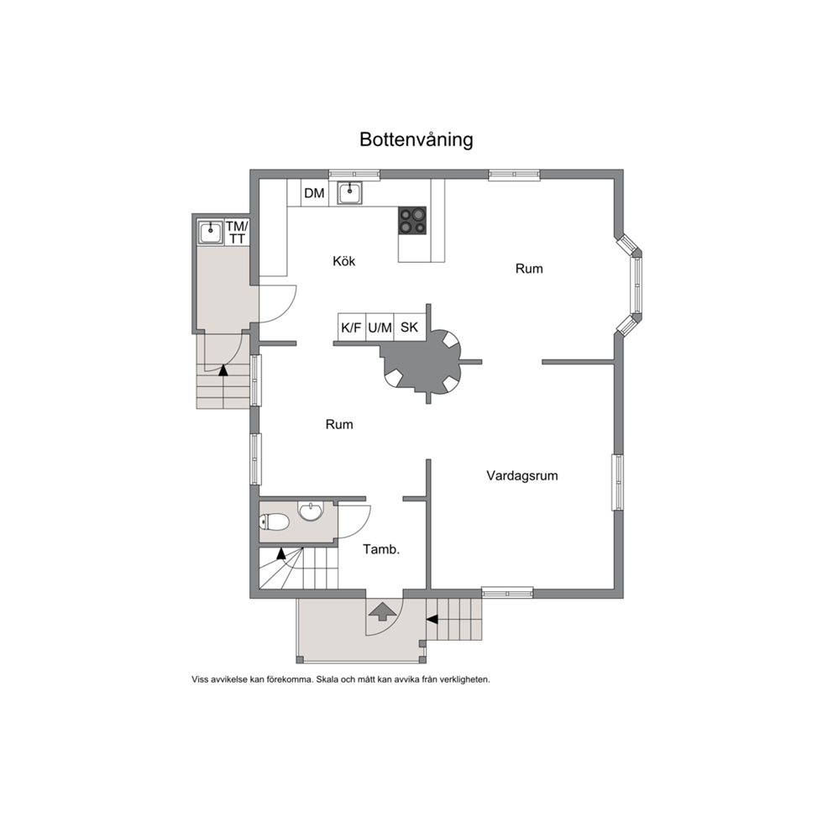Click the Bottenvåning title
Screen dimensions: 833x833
[416, 139]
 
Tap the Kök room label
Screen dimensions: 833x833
[343, 261]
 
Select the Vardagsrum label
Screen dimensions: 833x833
[522, 475]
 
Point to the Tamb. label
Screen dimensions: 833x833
[381, 549]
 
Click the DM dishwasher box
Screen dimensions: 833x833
[315, 193]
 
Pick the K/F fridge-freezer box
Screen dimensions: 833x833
[351, 327]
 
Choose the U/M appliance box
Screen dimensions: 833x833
[380, 327]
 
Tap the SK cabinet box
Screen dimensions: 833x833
[410, 327]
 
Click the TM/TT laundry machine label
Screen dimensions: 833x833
[237, 233]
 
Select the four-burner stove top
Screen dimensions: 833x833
[413, 221]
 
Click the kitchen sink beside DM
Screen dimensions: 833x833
[350, 192]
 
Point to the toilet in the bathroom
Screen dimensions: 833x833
[274, 522]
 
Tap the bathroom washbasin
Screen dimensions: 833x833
[310, 511]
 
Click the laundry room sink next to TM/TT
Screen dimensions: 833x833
[211, 233]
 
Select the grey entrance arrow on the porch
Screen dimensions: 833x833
[382, 611]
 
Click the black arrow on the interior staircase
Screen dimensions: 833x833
[281, 553]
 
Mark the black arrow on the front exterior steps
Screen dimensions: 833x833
[432, 619]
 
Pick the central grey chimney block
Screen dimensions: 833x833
[422, 361]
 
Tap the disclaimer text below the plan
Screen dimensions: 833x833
[341, 679]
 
